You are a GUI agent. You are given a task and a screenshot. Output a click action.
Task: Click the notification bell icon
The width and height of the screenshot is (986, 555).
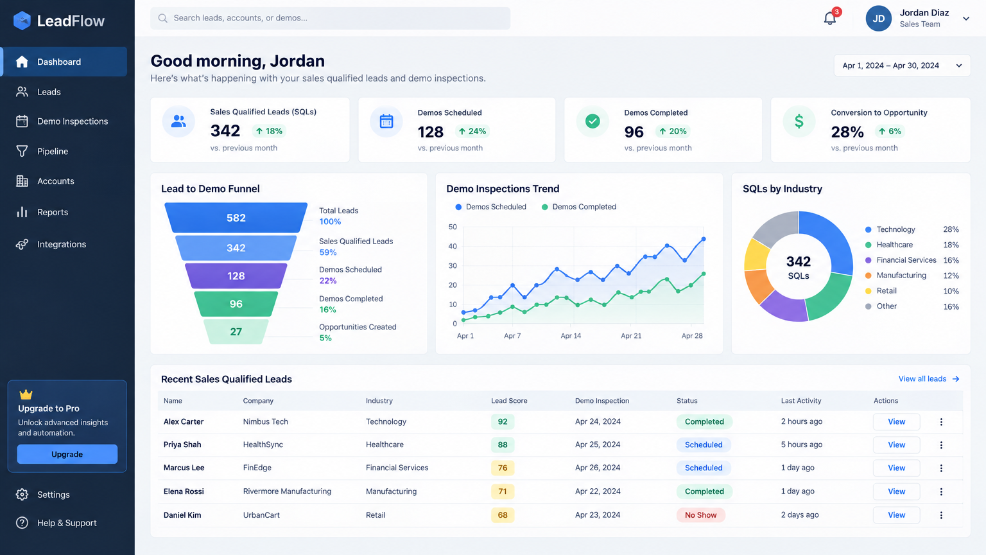830,19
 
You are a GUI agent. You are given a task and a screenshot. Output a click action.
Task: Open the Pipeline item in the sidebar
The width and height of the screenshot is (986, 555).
53,151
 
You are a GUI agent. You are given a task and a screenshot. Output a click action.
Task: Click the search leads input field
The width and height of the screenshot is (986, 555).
330,18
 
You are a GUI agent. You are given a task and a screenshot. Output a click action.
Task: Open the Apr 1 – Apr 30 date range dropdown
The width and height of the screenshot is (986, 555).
902,66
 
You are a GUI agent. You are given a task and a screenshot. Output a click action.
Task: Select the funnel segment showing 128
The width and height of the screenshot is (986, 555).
236,276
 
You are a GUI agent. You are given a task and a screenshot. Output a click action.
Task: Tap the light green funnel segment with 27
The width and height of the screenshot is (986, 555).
236,331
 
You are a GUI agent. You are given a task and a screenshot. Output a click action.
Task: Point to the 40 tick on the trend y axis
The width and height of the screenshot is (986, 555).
453,246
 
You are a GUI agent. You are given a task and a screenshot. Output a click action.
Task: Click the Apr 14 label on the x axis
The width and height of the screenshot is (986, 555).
571,336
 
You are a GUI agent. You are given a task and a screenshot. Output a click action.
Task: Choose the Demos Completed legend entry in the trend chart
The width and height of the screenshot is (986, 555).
579,207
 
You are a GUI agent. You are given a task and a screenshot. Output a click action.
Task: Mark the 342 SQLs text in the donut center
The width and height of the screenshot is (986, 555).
799,268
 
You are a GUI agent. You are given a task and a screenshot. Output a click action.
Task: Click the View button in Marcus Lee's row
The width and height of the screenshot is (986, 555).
896,468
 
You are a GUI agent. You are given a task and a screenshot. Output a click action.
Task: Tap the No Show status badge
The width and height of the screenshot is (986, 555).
700,515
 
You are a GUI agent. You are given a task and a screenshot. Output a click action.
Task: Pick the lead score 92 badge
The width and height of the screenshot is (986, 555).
502,421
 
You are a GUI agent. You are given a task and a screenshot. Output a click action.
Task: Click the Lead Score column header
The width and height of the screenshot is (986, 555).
509,401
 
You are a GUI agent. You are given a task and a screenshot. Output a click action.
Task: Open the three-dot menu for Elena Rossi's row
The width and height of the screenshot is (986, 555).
941,491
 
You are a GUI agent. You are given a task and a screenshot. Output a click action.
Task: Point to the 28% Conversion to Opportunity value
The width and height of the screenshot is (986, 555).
847,132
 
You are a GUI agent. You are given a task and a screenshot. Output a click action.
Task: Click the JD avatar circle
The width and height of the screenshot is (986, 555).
878,19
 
